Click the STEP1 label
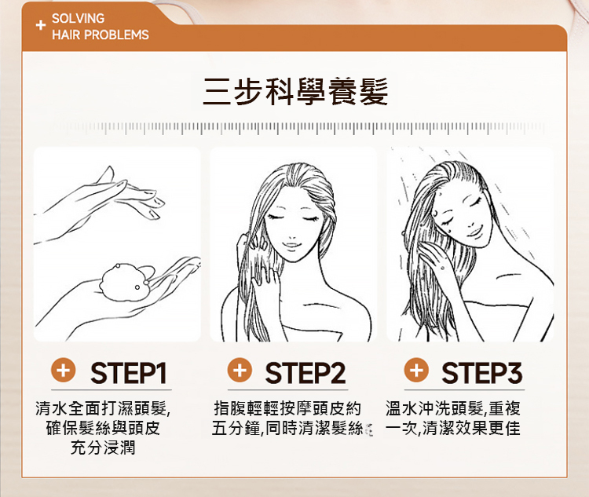[x=129, y=373]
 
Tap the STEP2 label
[x=305, y=373]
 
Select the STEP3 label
[x=481, y=373]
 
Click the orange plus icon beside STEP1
[x=63, y=371]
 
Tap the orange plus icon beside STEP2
[x=240, y=371]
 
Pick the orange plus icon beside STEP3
[x=416, y=371]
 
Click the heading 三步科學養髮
[x=295, y=91]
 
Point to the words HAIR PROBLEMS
[x=101, y=35]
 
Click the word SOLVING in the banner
[x=78, y=18]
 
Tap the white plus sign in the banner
[x=41, y=25]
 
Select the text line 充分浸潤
[x=103, y=448]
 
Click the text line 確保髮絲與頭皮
[x=103, y=428]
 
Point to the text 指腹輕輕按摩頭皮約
[x=287, y=408]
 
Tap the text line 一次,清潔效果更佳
[x=453, y=428]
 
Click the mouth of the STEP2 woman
[x=291, y=245]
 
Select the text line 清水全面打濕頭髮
[x=103, y=408]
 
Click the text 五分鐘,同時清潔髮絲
[x=287, y=428]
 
